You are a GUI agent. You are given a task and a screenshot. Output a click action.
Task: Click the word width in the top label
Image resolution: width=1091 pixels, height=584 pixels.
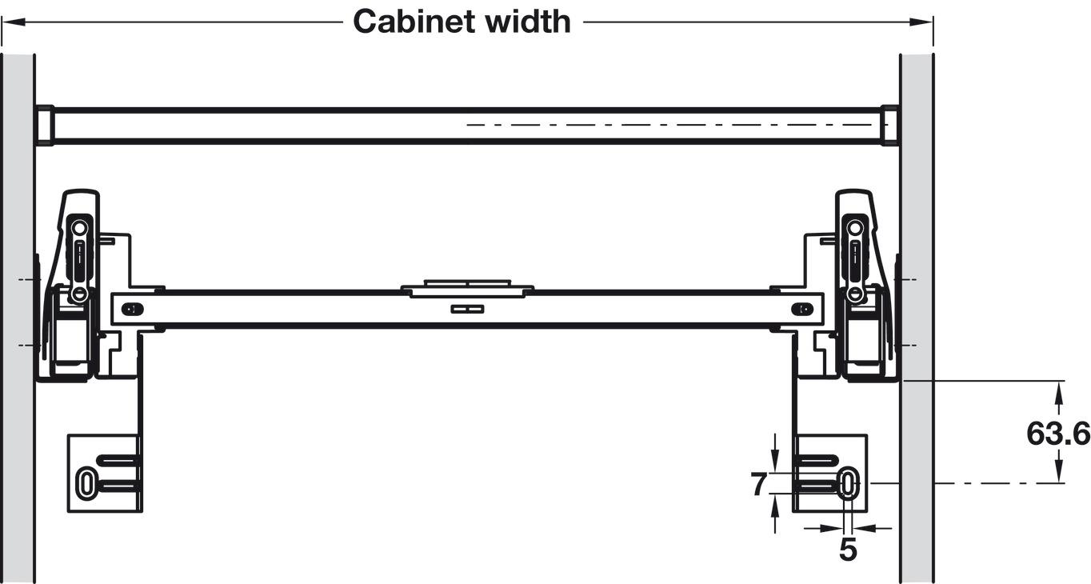pyautogui.click(x=528, y=22)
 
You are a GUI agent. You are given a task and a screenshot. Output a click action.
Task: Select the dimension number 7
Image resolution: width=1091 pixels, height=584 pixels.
pyautogui.click(x=759, y=485)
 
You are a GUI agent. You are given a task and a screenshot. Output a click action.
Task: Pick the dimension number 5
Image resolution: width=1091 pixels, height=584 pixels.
pyautogui.click(x=848, y=550)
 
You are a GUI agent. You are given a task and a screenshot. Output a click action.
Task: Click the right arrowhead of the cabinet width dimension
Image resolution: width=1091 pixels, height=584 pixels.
pyautogui.click(x=921, y=22)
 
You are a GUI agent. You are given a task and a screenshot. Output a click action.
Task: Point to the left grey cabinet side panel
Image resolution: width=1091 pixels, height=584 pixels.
pyautogui.click(x=18, y=317)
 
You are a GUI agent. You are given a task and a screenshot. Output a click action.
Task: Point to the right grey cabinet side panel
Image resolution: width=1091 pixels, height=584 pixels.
pyautogui.click(x=917, y=317)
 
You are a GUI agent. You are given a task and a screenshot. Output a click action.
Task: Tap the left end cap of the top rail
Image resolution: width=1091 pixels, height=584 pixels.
pyautogui.click(x=44, y=125)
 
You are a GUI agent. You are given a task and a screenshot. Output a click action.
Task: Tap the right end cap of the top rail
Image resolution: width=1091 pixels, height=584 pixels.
pyautogui.click(x=891, y=125)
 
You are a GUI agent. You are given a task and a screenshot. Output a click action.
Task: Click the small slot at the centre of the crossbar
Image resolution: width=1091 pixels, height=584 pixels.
pyautogui.click(x=467, y=309)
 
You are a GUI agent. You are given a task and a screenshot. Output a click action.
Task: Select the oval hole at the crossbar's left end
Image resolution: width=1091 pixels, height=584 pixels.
pyautogui.click(x=133, y=309)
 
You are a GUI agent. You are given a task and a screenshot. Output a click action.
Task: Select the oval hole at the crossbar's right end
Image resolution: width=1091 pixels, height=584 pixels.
pyautogui.click(x=802, y=309)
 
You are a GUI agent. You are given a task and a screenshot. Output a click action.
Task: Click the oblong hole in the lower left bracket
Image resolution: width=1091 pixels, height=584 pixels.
pyautogui.click(x=86, y=484)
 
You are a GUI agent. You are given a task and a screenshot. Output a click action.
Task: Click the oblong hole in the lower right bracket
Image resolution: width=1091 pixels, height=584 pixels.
pyautogui.click(x=848, y=484)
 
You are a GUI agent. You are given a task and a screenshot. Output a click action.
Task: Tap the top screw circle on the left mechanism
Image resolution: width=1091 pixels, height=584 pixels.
pyautogui.click(x=80, y=227)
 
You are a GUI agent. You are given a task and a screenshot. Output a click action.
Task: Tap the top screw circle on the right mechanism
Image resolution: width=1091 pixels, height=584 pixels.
pyautogui.click(x=855, y=227)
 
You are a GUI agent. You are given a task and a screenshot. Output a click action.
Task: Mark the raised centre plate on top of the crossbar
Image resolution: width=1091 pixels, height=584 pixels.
pyautogui.click(x=467, y=288)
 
